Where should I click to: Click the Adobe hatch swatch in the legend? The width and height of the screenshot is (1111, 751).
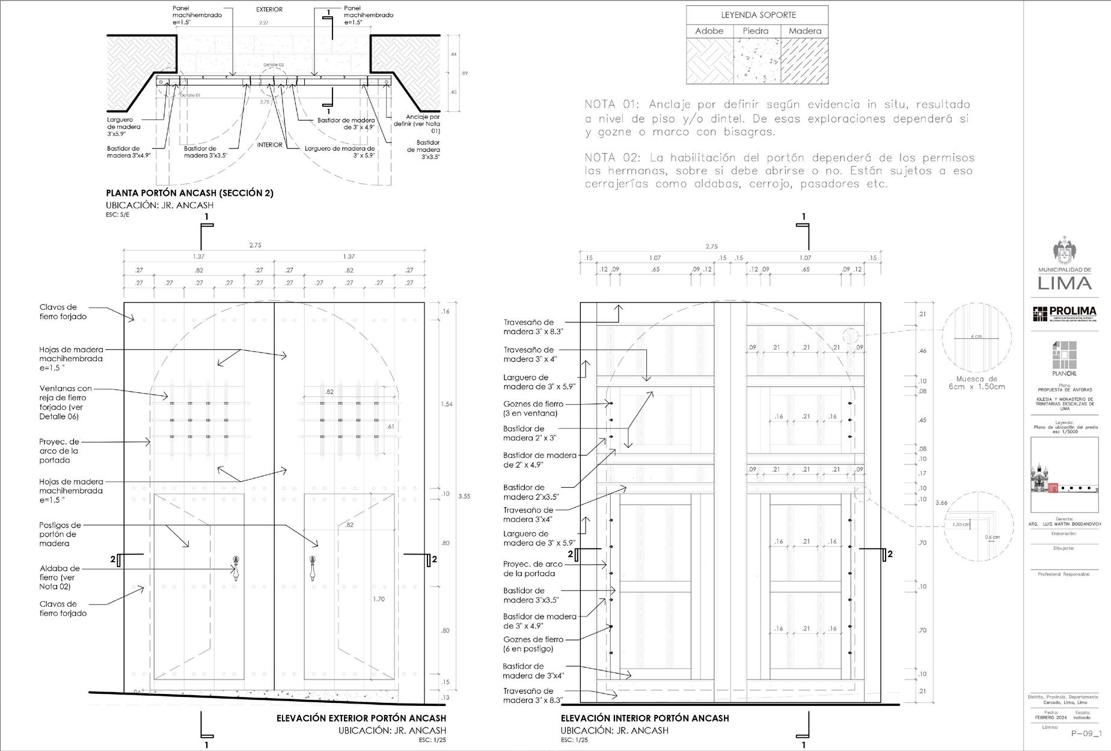tap(709, 61)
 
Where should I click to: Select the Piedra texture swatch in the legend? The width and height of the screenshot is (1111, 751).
tap(756, 61)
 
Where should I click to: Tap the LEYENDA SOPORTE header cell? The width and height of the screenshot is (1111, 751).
tap(757, 15)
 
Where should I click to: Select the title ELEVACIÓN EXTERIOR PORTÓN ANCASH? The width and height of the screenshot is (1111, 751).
tap(361, 718)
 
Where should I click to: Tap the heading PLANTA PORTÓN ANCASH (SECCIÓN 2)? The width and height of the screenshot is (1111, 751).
tap(189, 193)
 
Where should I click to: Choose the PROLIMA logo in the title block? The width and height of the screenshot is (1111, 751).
tap(1064, 313)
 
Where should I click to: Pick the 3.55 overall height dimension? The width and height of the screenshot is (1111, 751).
tap(464, 497)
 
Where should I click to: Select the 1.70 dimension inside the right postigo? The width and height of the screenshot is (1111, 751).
tap(378, 599)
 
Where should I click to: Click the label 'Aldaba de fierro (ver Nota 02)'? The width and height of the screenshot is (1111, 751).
tap(60, 577)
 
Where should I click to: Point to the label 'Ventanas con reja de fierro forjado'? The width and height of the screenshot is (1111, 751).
tap(66, 403)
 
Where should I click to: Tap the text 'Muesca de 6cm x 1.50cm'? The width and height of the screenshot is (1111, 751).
tap(976, 383)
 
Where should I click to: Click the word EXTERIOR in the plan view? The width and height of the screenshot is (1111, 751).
tap(269, 10)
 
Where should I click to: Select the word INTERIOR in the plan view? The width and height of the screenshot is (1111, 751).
tap(269, 145)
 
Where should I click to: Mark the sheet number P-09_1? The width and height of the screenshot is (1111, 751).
tap(1086, 733)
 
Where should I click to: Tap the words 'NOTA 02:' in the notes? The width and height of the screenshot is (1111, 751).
tap(614, 158)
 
